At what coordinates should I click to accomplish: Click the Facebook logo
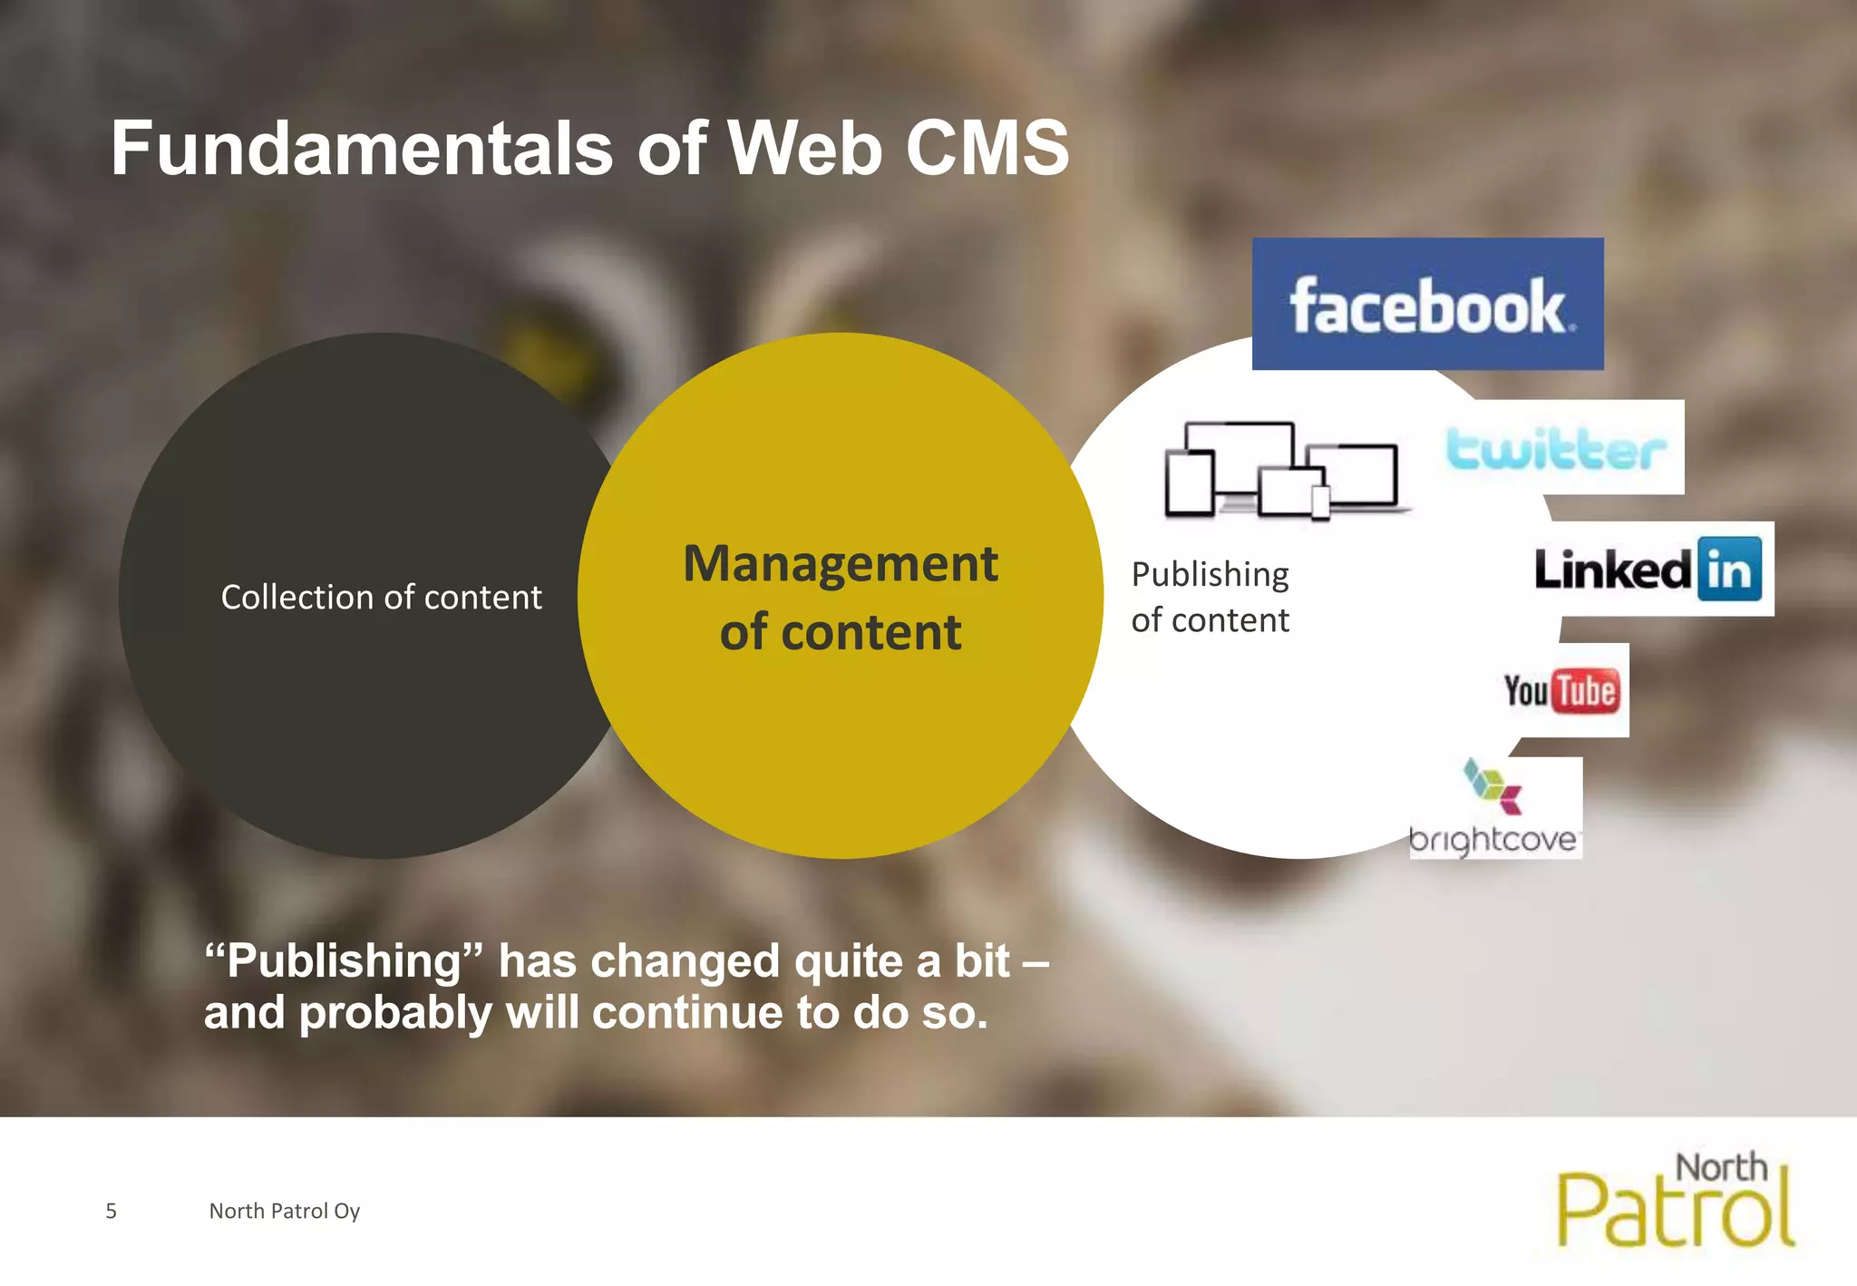click(1427, 305)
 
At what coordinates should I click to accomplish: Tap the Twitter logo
click(1556, 448)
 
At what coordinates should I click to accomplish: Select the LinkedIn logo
click(1648, 570)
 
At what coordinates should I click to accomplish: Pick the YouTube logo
click(1560, 691)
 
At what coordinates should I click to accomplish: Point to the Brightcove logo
click(1493, 808)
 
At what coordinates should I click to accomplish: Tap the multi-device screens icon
click(1282, 470)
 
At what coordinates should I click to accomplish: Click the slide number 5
click(112, 1211)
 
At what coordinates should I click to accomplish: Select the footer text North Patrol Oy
click(284, 1211)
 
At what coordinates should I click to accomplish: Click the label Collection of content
click(381, 598)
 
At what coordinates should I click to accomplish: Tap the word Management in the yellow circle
click(841, 564)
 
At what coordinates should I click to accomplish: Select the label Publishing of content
click(1210, 598)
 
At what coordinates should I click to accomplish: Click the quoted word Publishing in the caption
click(345, 960)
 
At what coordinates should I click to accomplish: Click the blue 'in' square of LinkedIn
click(1729, 570)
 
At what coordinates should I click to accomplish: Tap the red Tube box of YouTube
click(1586, 691)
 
